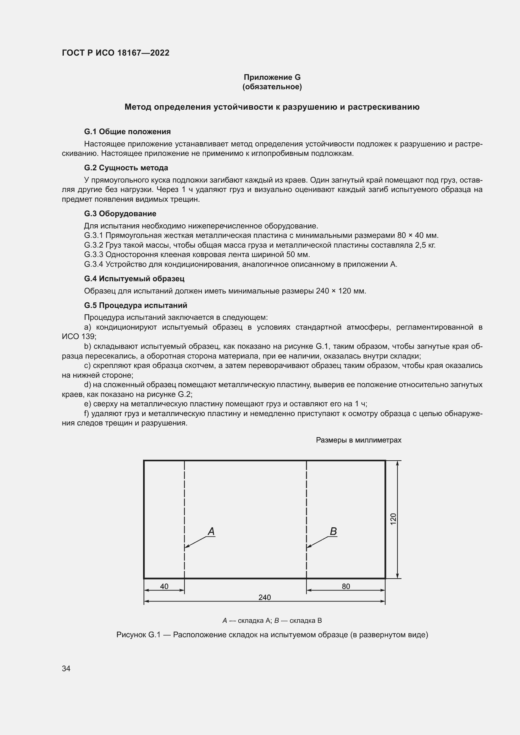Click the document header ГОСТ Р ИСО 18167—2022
pyautogui.click(x=115, y=53)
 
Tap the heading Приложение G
pyautogui.click(x=272, y=77)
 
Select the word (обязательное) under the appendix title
pyautogui.click(x=272, y=87)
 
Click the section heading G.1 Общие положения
pyautogui.click(x=127, y=132)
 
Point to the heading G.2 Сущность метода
pyautogui.click(x=126, y=168)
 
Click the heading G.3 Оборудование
pyautogui.click(x=120, y=213)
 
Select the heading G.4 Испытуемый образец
pyautogui.click(x=134, y=278)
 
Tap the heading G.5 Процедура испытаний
pyautogui.click(x=136, y=305)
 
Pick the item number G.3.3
pyautogui.click(x=93, y=255)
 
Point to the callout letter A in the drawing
pyautogui.click(x=211, y=532)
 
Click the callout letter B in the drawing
pyautogui.click(x=333, y=532)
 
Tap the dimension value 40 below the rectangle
pyautogui.click(x=164, y=586)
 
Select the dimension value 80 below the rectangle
pyautogui.click(x=346, y=586)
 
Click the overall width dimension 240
pyautogui.click(x=264, y=597)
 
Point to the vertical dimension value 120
pyautogui.click(x=393, y=518)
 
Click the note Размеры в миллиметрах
pyautogui.click(x=358, y=440)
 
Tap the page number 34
pyautogui.click(x=66, y=669)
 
